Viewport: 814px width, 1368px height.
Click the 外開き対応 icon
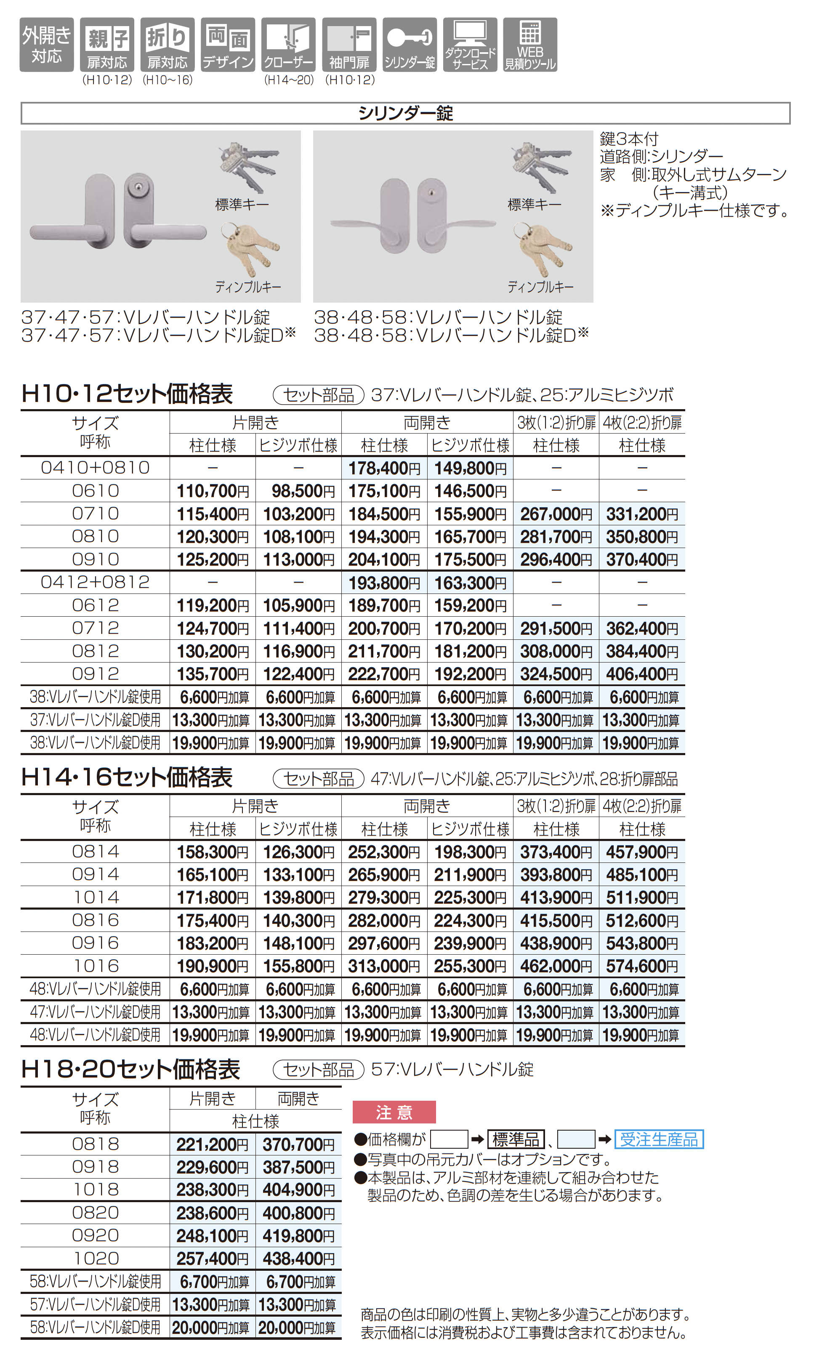(x=47, y=45)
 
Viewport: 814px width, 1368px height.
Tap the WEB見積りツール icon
(x=530, y=45)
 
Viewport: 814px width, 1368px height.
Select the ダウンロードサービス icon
(x=470, y=45)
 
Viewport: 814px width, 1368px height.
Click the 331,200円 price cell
(x=642, y=514)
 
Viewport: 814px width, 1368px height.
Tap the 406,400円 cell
(x=642, y=674)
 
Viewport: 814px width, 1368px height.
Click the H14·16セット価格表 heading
(x=127, y=777)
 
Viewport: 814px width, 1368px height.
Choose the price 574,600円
(x=642, y=966)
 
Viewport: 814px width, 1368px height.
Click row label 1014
(x=96, y=897)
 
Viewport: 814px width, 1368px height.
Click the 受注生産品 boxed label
(x=659, y=1140)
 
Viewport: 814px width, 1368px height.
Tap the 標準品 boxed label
(x=516, y=1140)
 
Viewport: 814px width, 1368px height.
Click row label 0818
(x=96, y=1144)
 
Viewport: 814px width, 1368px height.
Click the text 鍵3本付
(x=629, y=139)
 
